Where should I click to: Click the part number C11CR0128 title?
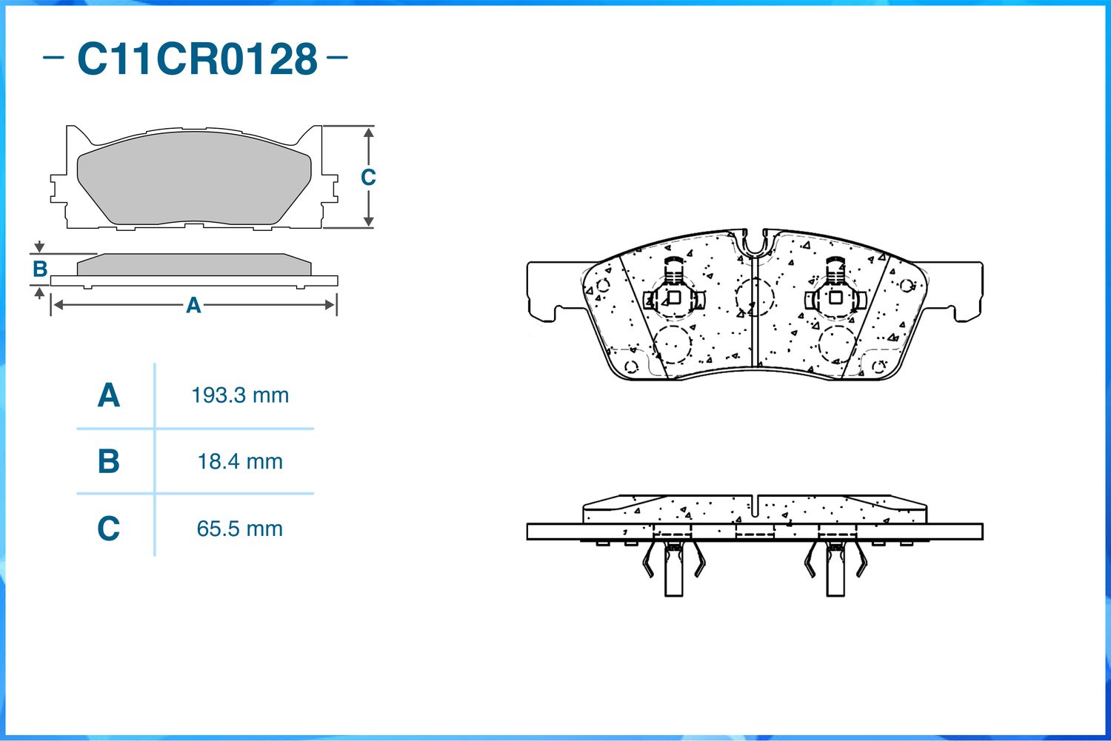pyautogui.click(x=198, y=59)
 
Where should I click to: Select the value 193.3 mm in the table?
pyautogui.click(x=240, y=395)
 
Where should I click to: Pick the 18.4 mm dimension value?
pyautogui.click(x=240, y=462)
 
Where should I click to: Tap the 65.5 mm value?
pyautogui.click(x=239, y=529)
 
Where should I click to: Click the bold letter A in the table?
pyautogui.click(x=109, y=395)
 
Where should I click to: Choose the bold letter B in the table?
pyautogui.click(x=109, y=461)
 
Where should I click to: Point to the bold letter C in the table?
pyautogui.click(x=109, y=529)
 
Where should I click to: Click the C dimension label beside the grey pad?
pyautogui.click(x=368, y=177)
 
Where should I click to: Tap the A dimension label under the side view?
pyautogui.click(x=193, y=305)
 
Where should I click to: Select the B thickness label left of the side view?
pyautogui.click(x=40, y=269)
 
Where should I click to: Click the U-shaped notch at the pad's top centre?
pyautogui.click(x=755, y=244)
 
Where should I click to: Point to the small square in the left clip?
pyautogui.click(x=674, y=298)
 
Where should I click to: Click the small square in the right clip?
pyautogui.click(x=835, y=298)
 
